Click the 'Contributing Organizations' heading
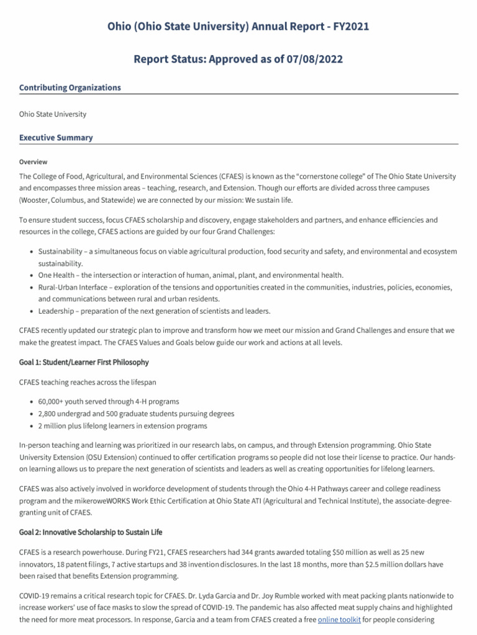[x=70, y=88]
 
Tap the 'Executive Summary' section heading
[x=56, y=138]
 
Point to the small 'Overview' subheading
[x=33, y=162]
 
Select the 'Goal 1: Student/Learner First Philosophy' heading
[x=84, y=362]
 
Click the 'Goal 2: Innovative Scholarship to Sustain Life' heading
[x=91, y=532]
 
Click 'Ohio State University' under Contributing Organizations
[x=53, y=114]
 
